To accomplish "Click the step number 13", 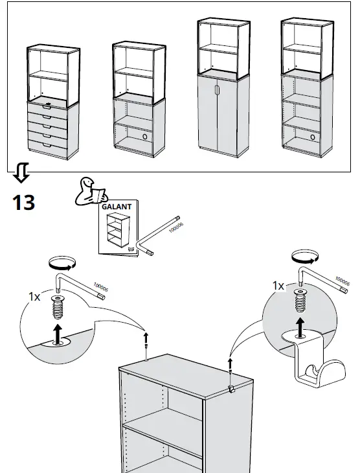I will point(23,202).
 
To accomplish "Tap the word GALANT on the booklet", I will point(117,207).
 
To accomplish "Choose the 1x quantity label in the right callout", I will point(278,285).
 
